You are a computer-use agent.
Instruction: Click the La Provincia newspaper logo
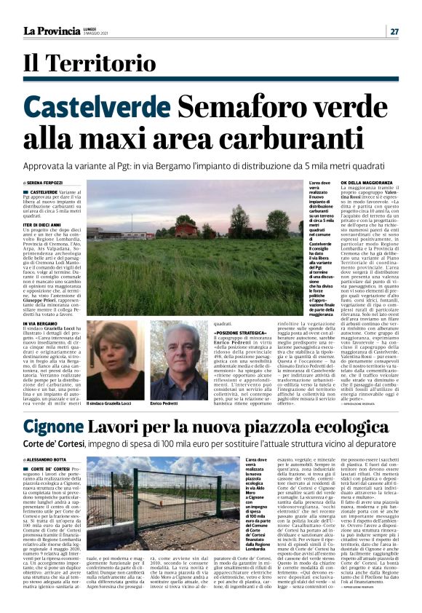pyautogui.click(x=52, y=31)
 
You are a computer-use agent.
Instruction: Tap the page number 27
pyautogui.click(x=394, y=31)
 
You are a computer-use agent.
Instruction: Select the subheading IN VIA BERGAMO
pyautogui.click(x=41, y=323)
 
